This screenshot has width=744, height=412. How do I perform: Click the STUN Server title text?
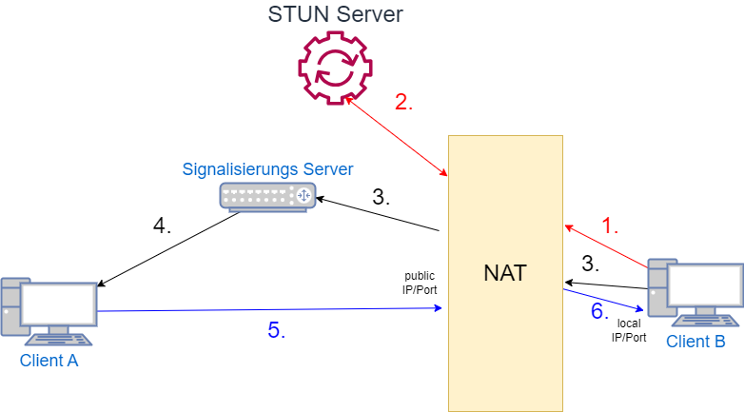click(335, 14)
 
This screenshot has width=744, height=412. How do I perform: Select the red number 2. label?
click(404, 103)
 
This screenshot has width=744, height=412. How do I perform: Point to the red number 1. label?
click(611, 226)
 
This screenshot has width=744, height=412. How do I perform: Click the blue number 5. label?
click(275, 331)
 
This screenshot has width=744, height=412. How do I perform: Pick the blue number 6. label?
click(599, 311)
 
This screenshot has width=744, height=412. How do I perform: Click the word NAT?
click(504, 274)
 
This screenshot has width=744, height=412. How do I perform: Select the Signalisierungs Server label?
click(267, 169)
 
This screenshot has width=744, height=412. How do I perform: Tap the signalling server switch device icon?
click(267, 196)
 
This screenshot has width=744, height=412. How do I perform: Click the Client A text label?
click(48, 361)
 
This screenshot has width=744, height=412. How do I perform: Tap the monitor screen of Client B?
click(706, 284)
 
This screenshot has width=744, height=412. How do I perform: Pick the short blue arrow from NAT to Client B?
click(602, 299)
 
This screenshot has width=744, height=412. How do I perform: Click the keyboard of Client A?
click(59, 339)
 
